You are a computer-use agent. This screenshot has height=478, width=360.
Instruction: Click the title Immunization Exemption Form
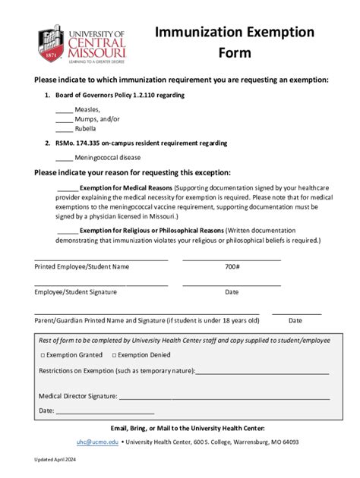234,42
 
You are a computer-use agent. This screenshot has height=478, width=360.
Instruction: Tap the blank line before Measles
64,111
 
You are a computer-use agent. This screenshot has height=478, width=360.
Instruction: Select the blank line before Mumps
64,120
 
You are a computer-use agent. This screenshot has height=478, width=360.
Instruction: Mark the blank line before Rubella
64,129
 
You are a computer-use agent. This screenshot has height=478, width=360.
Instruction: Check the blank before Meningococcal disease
64,159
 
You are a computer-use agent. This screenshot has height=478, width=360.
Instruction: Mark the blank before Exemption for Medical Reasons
67,189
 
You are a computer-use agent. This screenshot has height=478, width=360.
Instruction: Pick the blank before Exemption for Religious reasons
67,231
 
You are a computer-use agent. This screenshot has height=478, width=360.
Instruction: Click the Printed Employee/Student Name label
82,267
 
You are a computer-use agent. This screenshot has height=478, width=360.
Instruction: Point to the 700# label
232,267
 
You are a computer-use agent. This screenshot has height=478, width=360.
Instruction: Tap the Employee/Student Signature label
76,292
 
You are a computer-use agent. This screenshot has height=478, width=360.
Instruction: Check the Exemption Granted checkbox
42,355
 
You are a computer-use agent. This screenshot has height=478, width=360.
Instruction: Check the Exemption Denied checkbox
115,355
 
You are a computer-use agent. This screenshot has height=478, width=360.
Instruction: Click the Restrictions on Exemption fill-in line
262,372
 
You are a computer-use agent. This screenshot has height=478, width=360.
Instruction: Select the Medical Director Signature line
224,396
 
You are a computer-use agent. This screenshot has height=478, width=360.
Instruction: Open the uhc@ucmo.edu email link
97,442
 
